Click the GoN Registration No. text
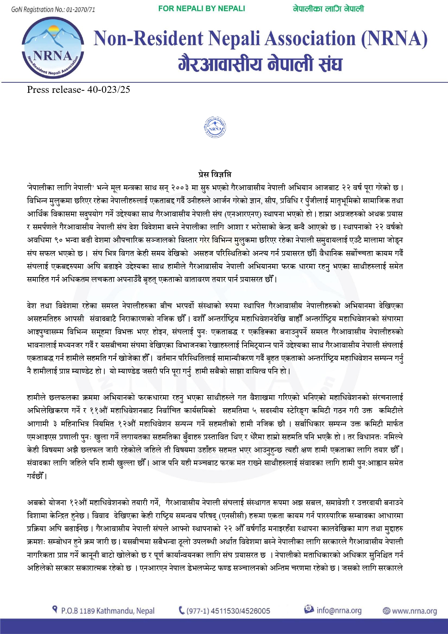point(53,9)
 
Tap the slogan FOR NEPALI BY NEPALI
point(201,9)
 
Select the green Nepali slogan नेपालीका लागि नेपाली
point(328,9)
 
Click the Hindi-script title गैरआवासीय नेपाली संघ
point(260,64)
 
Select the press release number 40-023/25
point(109,90)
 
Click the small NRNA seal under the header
point(215,127)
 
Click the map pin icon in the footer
point(55,610)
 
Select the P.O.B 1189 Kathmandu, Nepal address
point(108,611)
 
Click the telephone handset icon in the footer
point(182,611)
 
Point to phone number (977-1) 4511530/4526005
point(228,611)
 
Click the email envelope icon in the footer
point(309,609)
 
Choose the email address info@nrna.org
point(339,611)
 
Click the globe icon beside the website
point(386,611)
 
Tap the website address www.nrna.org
point(414,611)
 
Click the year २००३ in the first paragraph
point(180,188)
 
